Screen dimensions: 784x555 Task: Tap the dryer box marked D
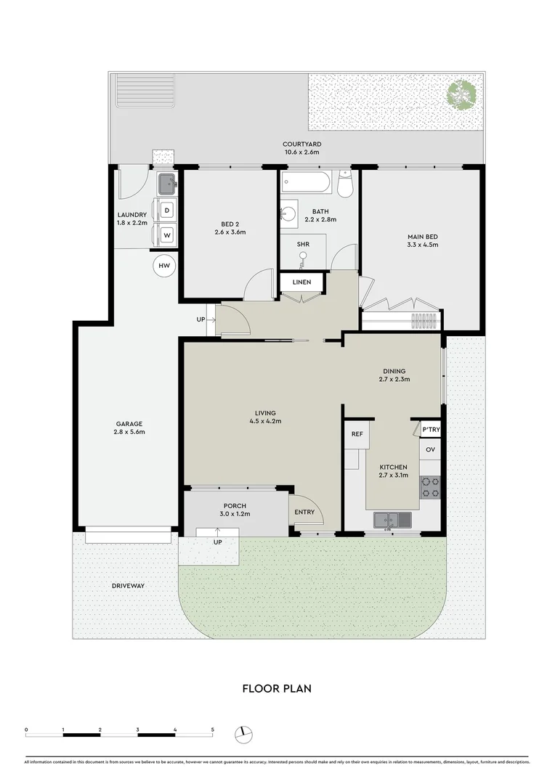[x=166, y=211]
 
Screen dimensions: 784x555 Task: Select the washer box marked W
[x=166, y=235]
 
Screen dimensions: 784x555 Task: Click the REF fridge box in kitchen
[x=357, y=434]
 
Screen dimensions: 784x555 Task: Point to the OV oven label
[x=430, y=449]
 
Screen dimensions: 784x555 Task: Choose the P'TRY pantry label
[x=431, y=430]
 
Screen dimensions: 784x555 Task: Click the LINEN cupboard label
[x=301, y=282]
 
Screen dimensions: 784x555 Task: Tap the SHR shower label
[x=303, y=244]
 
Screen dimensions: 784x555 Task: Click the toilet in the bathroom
[x=345, y=185]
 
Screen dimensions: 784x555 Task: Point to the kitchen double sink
[x=392, y=519]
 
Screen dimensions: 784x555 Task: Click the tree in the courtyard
[x=461, y=94]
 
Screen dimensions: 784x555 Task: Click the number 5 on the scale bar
[x=212, y=728]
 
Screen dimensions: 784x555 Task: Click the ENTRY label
[x=304, y=512]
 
